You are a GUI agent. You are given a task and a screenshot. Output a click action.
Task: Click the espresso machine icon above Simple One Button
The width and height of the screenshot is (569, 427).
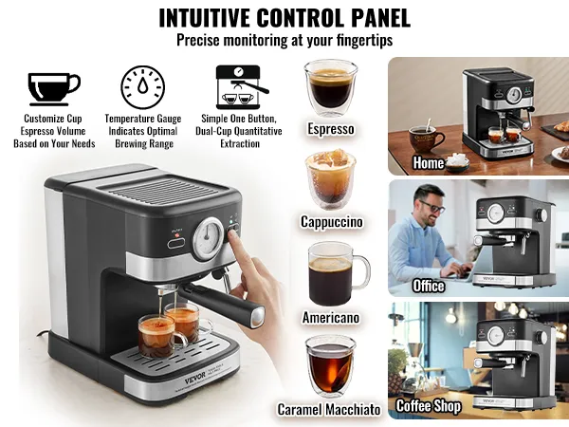[x=238, y=87]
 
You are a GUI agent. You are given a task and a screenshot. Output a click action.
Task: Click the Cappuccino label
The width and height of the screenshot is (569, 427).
[x=331, y=222]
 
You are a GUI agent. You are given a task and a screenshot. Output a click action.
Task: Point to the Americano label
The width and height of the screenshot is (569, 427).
[x=331, y=317]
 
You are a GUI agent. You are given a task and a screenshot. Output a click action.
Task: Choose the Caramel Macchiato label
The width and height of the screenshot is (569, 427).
[x=329, y=410]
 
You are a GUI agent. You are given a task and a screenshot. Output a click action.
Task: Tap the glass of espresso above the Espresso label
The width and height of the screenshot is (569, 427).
[x=329, y=87]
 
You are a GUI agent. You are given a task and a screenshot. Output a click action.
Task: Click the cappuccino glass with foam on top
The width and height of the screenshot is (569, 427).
[x=329, y=176]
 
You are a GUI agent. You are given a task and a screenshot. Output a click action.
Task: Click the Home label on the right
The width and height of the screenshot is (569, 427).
[x=429, y=163]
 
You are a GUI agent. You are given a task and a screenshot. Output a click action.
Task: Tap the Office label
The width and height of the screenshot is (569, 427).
[x=429, y=285]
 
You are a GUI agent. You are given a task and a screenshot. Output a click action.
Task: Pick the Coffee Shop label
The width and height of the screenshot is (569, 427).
[x=429, y=406]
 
